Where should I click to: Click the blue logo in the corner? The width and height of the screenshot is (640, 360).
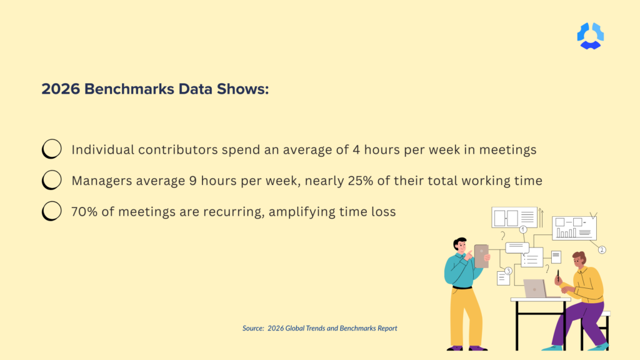[590, 36]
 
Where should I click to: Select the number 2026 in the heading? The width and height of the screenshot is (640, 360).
[60, 89]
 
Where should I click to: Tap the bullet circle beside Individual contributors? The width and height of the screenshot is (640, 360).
[51, 149]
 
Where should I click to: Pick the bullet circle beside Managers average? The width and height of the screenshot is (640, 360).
[51, 181]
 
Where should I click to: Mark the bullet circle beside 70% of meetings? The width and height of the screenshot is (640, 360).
[51, 211]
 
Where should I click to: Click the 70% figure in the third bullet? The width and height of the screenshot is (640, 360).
[86, 212]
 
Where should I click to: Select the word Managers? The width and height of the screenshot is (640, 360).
[102, 181]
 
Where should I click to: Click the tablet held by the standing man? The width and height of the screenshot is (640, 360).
[481, 256]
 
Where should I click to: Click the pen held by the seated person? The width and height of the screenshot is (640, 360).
[557, 275]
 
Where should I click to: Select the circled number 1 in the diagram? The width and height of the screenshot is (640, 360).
[523, 230]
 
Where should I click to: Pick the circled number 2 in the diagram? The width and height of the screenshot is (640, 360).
[602, 250]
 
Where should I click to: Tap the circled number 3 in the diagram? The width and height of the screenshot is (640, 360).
[508, 271]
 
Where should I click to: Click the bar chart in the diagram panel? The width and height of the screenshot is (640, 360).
[566, 232]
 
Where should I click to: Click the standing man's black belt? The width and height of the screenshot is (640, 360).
[462, 287]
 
